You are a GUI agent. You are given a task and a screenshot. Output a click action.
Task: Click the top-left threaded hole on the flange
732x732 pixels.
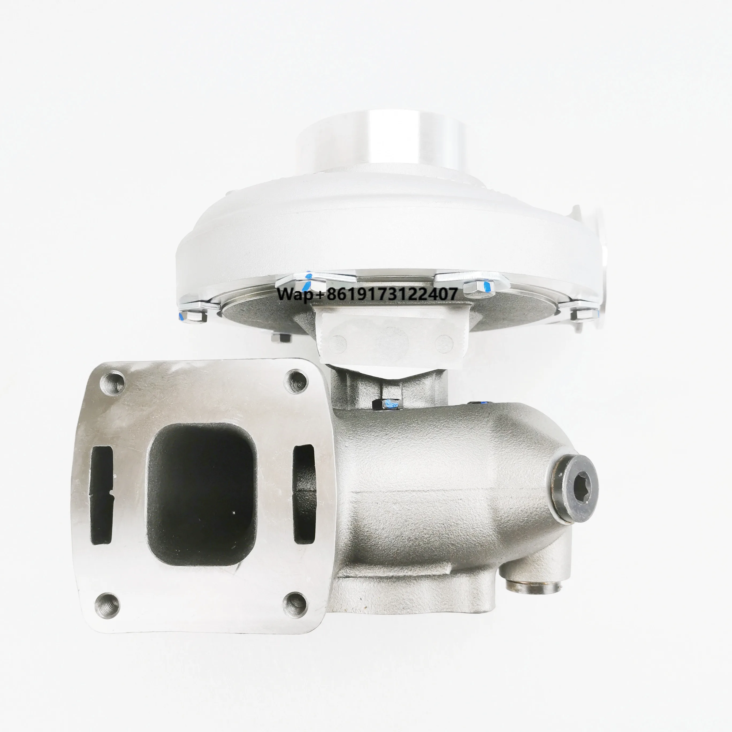coord(113,383)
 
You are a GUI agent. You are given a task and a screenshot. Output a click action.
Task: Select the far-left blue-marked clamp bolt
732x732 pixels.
coord(192,316)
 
